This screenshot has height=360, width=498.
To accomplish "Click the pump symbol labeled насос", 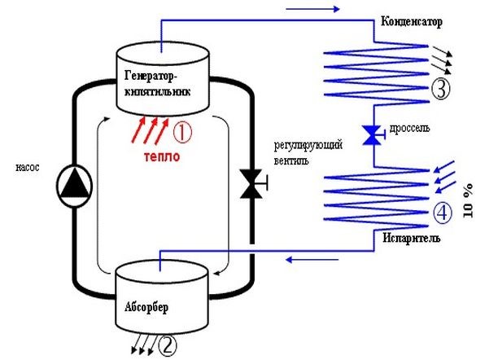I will pos(75,185).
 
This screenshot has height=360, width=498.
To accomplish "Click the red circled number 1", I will pos(185,130).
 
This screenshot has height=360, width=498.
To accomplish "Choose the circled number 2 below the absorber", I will pos(166,345).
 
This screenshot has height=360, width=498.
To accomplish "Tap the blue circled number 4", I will pos(440,213).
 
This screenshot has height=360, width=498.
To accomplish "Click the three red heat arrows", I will pos(151,129).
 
